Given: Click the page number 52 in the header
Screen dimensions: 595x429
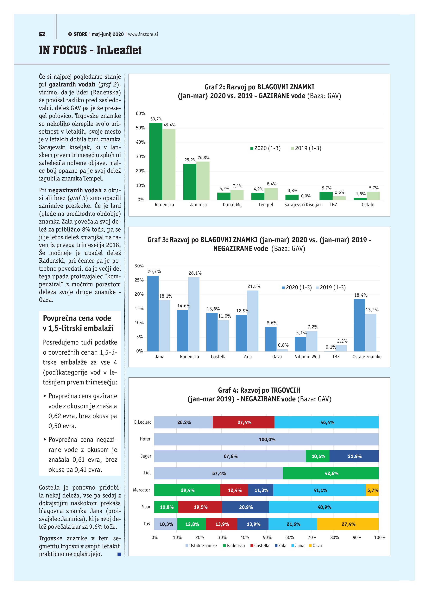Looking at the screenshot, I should click(42, 34).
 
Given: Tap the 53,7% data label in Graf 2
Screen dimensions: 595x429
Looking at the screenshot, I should click(156, 119).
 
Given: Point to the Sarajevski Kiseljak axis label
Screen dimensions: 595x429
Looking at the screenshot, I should click(303, 205).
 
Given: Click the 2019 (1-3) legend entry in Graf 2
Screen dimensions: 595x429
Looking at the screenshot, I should click(306, 148).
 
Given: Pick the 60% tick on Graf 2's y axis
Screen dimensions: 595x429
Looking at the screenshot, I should click(140, 114).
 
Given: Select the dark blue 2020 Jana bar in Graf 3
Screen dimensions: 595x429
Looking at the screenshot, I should click(153, 313).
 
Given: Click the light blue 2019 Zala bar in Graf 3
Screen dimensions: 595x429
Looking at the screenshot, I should click(253, 321).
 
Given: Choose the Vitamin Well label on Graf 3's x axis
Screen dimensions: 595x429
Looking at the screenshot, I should click(307, 357).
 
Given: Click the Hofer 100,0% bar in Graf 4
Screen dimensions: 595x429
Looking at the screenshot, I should click(266, 440).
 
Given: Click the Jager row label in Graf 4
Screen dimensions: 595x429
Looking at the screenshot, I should click(146, 456).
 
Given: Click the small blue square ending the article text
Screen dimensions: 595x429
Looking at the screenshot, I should click(119, 554).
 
